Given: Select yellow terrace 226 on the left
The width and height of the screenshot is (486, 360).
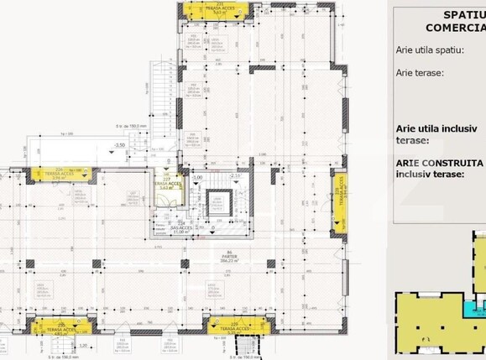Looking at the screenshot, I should click(60, 175).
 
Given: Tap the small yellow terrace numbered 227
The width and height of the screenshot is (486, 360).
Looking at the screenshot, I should click(167, 186).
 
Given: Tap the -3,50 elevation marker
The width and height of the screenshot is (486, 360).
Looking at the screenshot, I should click(120, 145).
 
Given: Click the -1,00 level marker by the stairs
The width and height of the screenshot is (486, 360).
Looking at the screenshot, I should click(197, 178).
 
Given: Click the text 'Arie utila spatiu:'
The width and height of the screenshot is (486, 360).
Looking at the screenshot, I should click(430, 50).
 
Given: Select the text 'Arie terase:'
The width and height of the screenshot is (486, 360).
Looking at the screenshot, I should click(420, 72).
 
